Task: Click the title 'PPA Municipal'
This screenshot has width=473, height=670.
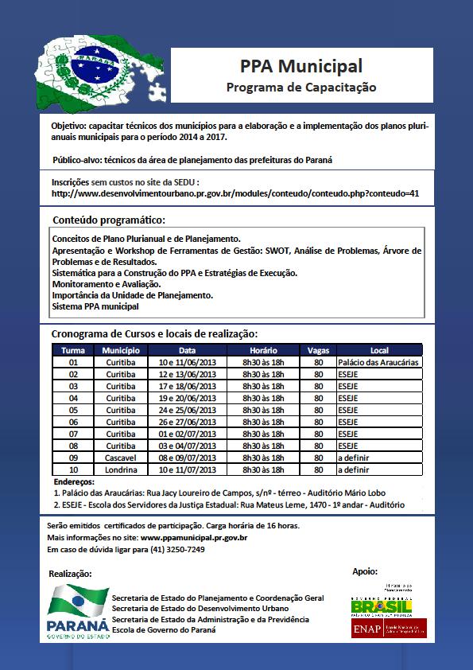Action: [301, 65]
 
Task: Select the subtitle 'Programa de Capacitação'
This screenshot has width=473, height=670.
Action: [301, 86]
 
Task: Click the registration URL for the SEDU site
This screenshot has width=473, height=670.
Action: [235, 193]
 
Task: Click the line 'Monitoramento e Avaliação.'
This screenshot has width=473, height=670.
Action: [106, 284]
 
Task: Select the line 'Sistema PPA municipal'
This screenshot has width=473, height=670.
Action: [95, 306]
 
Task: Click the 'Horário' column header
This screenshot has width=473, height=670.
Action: [263, 350]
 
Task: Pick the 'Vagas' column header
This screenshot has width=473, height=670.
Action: [318, 350]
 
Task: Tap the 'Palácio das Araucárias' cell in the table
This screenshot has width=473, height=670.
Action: [378, 362]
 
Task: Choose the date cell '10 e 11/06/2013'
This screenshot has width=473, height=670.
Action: [187, 362]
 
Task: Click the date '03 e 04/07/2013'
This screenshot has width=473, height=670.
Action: [187, 446]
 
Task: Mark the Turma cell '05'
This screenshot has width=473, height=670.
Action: [73, 410]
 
